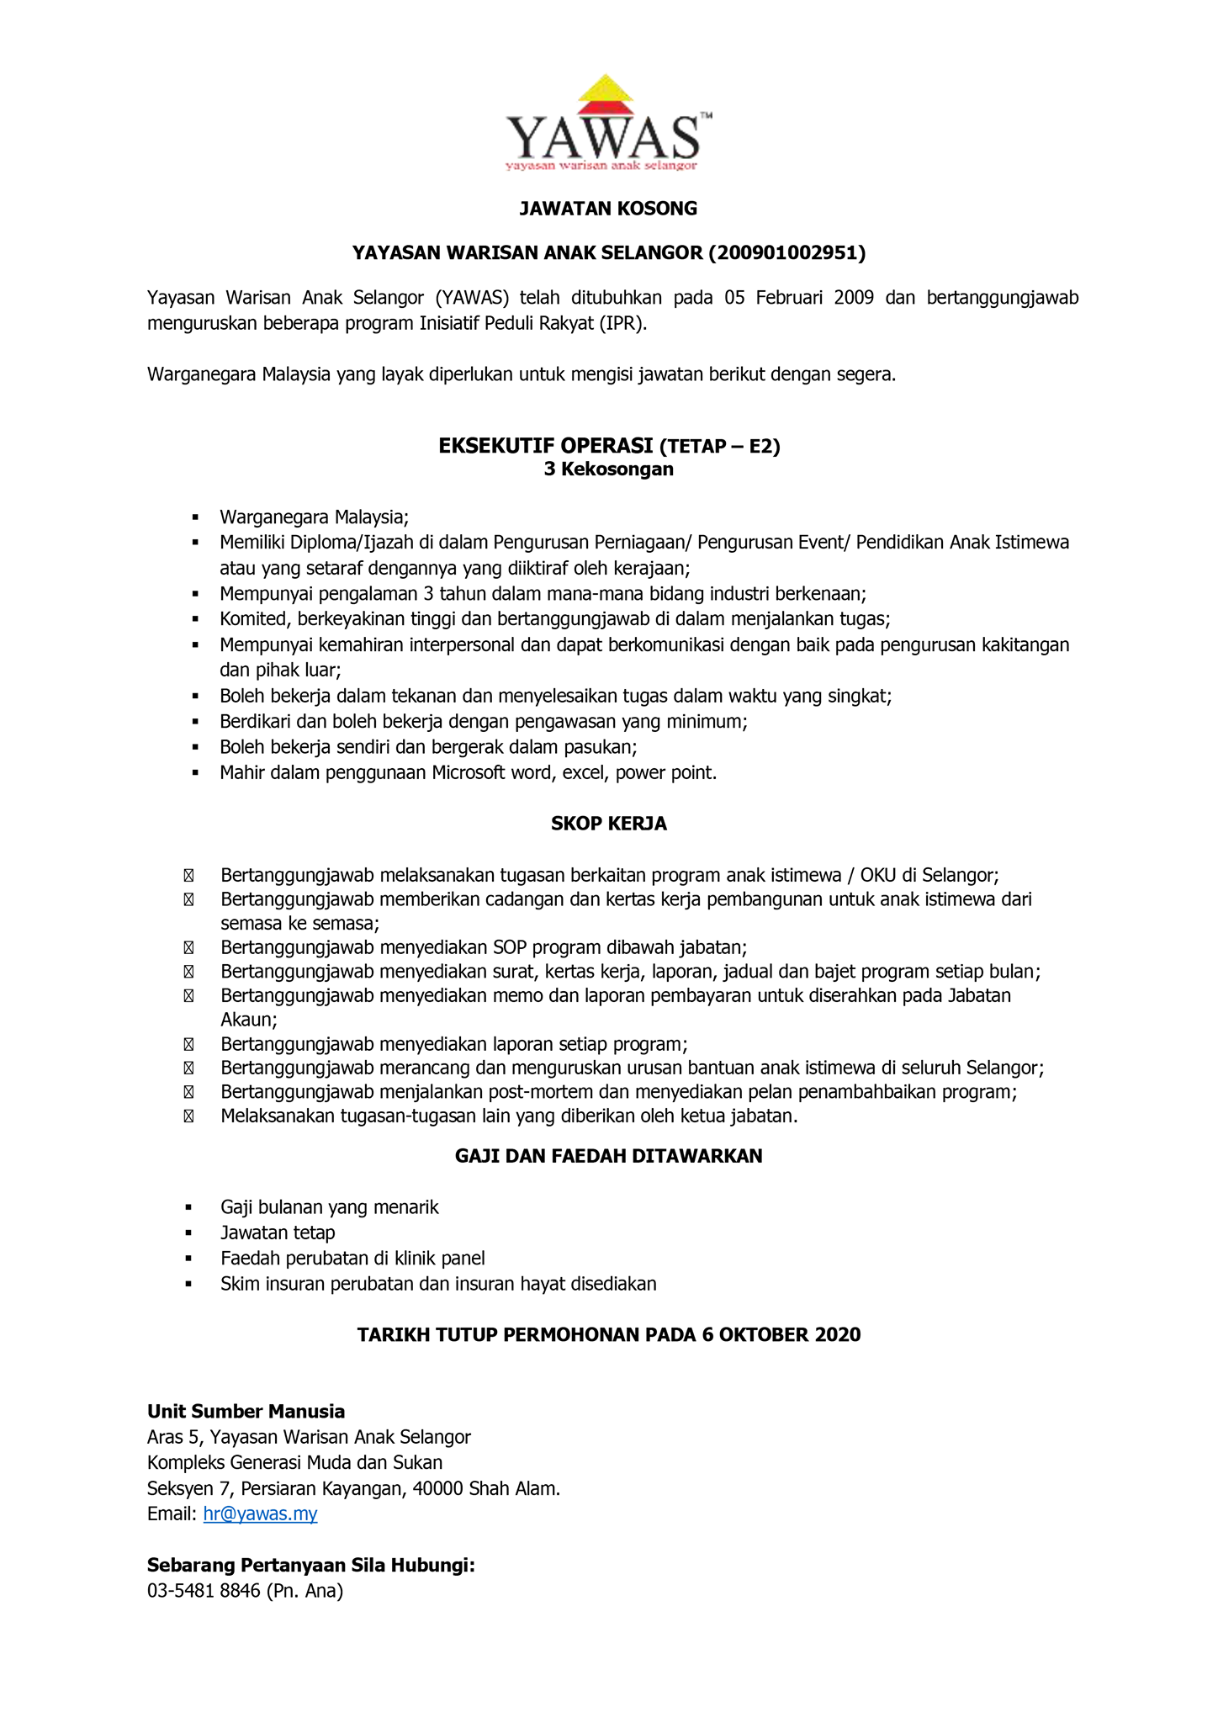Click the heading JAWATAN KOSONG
point(608,209)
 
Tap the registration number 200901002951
point(786,253)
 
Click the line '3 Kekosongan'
point(608,469)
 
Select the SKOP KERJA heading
point(608,824)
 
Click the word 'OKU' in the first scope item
point(879,876)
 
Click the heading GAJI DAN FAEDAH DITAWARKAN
point(608,1157)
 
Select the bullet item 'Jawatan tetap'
point(278,1233)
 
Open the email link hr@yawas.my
point(260,1514)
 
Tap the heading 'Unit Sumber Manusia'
point(246,1412)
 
